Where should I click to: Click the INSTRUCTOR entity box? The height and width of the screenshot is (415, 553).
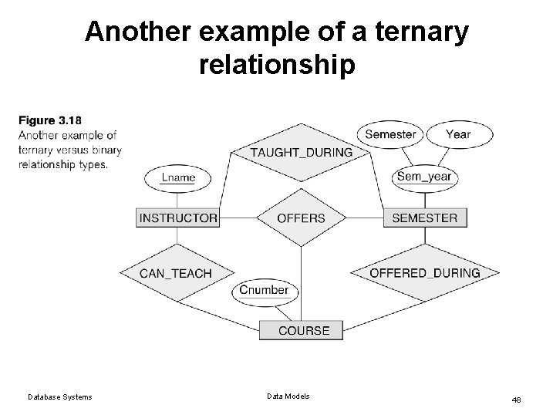click(177, 218)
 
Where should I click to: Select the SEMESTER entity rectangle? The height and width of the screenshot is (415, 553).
click(424, 218)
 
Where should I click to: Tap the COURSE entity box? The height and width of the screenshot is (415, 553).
click(303, 330)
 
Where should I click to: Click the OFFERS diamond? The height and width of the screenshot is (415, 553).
click(300, 218)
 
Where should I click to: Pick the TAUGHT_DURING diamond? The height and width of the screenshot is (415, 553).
click(301, 152)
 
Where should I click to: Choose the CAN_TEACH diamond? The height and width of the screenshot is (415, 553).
click(175, 273)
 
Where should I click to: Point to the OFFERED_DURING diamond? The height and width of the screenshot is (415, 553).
click(424, 273)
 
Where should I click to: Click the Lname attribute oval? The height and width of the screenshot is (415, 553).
click(178, 177)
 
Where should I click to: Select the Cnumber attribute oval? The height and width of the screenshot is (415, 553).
click(264, 291)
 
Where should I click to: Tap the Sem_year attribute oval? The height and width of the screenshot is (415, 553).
click(423, 177)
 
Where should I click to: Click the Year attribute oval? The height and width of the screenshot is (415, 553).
click(458, 134)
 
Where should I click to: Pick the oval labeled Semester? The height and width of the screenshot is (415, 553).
click(390, 134)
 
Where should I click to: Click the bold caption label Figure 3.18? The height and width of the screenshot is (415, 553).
click(49, 120)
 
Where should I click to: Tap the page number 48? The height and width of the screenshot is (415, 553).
click(517, 400)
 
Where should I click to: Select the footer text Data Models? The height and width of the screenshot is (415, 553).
click(288, 396)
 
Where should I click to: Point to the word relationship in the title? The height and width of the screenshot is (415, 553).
click(277, 66)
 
